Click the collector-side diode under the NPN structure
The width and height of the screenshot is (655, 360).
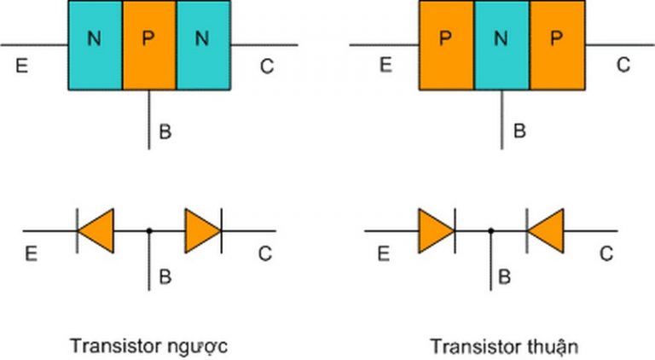click(203, 230)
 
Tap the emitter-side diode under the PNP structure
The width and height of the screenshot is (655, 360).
click(436, 230)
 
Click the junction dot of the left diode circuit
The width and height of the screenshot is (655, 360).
click(150, 230)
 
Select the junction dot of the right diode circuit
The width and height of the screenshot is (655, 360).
click(491, 230)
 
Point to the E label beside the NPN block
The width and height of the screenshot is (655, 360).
click(21, 66)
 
